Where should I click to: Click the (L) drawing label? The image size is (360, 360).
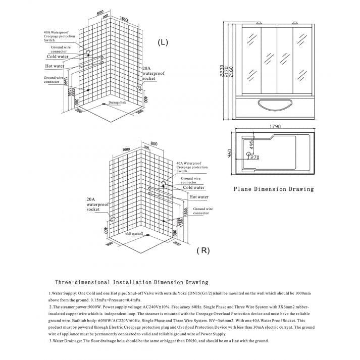pos(162,42)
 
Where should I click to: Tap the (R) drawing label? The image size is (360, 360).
pos(203,250)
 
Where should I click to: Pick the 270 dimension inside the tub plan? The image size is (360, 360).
pos(255,157)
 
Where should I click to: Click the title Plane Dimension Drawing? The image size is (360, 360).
pos(273,189)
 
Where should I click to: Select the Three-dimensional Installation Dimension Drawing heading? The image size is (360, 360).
pos(131,282)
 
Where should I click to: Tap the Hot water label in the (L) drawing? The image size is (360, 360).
pos(55,66)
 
